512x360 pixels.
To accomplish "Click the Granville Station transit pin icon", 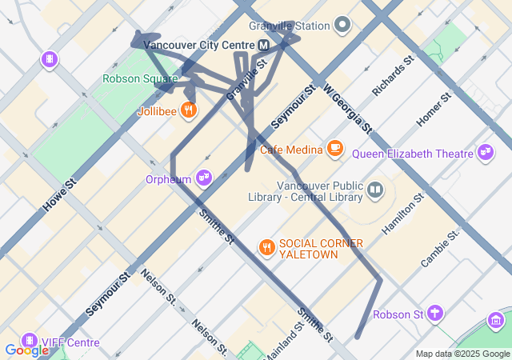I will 343,26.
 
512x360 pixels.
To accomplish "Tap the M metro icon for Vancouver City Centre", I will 263,46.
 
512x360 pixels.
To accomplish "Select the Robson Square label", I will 140,78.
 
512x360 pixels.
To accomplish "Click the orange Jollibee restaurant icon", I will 189,110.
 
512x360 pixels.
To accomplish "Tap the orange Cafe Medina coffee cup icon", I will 334,148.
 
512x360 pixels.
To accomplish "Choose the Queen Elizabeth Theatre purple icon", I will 485,152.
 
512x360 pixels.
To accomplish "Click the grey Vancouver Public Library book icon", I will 375,190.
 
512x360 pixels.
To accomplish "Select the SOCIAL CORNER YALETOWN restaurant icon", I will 266,248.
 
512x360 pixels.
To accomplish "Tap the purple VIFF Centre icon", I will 30,342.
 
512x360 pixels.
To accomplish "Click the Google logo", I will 26,350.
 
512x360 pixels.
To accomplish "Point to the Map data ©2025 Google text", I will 462,354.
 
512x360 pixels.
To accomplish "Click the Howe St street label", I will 59,195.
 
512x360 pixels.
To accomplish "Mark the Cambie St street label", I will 440,247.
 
